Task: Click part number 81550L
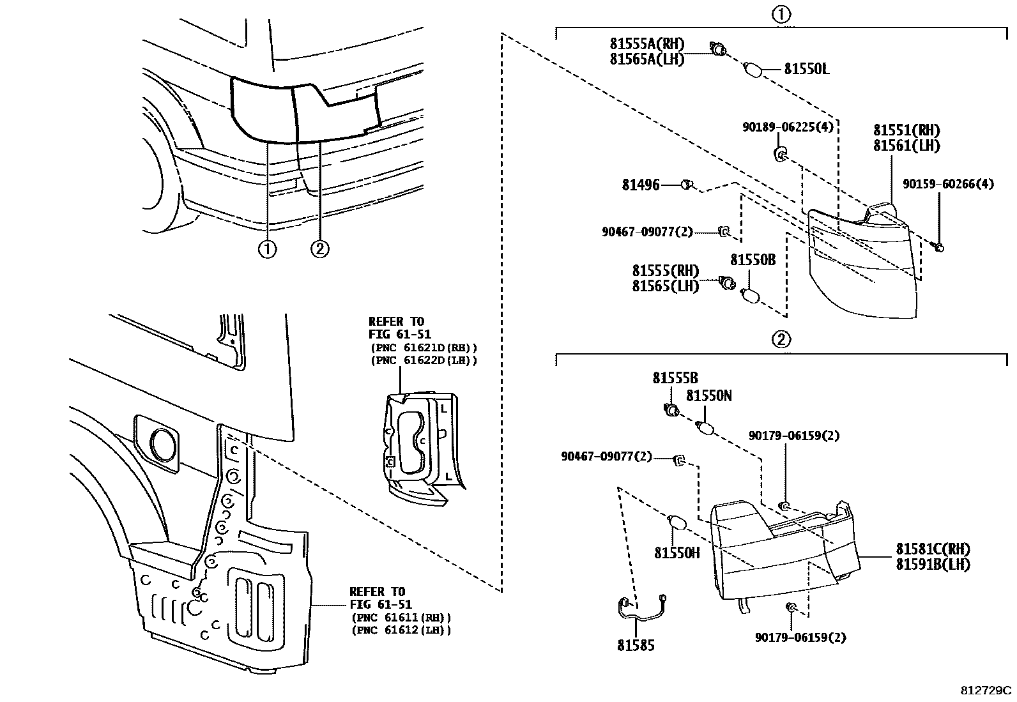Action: (x=807, y=69)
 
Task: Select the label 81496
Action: (x=641, y=185)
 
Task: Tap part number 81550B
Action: (x=753, y=260)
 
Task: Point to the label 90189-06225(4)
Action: (x=788, y=127)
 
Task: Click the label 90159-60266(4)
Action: (x=948, y=184)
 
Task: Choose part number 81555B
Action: (x=675, y=378)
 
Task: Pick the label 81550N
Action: (x=709, y=396)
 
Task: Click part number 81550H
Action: (x=677, y=553)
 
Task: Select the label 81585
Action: (x=636, y=645)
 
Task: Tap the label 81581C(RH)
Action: (x=933, y=549)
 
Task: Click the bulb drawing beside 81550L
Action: (x=754, y=69)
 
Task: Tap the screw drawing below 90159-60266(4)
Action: (x=940, y=246)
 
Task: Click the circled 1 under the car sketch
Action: (x=267, y=249)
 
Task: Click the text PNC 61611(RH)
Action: (x=401, y=618)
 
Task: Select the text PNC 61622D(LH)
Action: (x=424, y=360)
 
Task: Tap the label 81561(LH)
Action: (x=906, y=146)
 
